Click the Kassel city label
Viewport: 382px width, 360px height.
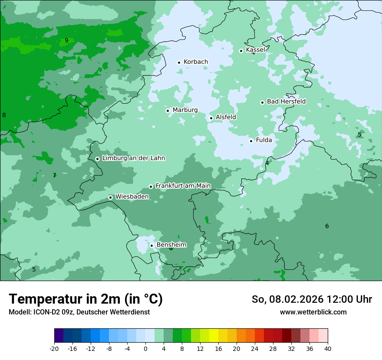click(x=255, y=50)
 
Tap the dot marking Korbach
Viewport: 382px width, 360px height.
click(x=179, y=62)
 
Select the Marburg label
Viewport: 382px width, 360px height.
click(x=185, y=110)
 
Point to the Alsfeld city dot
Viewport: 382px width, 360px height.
click(x=211, y=118)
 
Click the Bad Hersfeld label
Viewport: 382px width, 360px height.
click(x=286, y=101)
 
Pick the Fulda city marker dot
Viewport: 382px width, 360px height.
click(x=251, y=141)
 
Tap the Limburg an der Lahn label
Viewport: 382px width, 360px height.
click(x=133, y=158)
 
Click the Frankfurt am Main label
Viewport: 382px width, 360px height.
click(x=183, y=186)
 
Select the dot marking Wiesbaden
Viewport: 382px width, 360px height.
click(x=110, y=198)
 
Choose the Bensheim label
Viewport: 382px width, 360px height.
click(x=171, y=245)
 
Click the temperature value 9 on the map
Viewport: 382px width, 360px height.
click(x=66, y=41)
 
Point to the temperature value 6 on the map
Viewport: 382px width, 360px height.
click(x=327, y=226)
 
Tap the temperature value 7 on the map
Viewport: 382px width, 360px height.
click(x=54, y=176)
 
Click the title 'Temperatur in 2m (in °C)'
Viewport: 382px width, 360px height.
click(x=86, y=299)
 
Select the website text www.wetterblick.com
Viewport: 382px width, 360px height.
click(x=313, y=312)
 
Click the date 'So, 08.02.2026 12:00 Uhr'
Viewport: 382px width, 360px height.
click(x=312, y=299)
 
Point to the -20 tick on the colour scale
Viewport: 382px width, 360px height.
click(x=54, y=349)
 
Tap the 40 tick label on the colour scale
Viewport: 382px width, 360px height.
click(x=327, y=349)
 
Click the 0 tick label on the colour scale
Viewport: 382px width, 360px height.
click(x=145, y=349)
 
